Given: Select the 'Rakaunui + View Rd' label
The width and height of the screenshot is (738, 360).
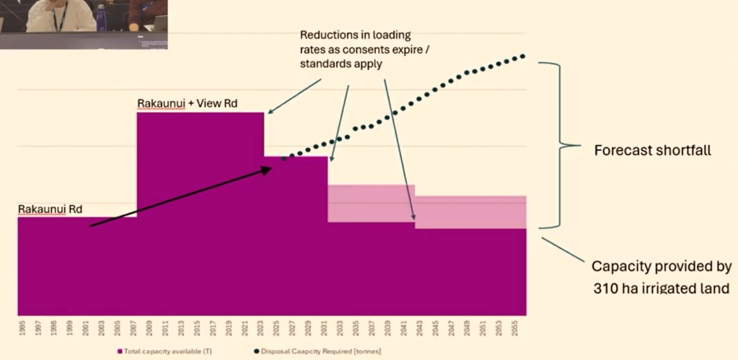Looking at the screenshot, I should pyautogui.click(x=188, y=104).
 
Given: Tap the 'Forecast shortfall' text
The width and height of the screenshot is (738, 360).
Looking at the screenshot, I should pyautogui.click(x=643, y=152).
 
